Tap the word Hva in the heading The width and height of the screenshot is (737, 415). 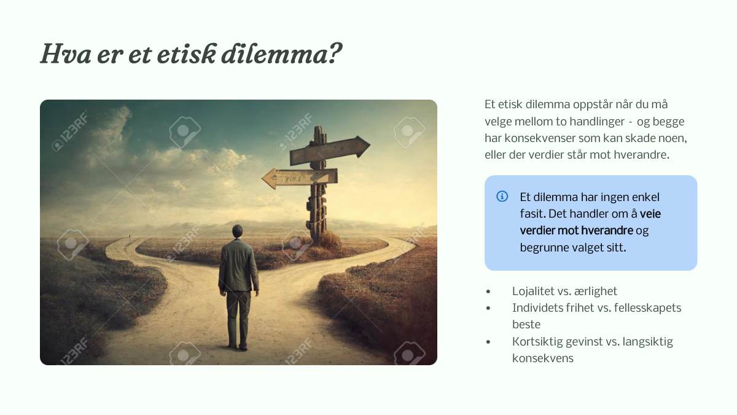[66, 53]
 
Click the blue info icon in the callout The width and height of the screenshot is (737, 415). [502, 196]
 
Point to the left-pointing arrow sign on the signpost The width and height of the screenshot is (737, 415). [300, 178]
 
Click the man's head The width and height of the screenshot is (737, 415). [237, 231]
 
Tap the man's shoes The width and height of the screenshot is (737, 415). [238, 347]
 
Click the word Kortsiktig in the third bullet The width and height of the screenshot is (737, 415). [537, 342]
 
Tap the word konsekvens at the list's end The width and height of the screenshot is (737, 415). [543, 358]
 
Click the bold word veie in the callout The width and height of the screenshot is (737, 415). [650, 214]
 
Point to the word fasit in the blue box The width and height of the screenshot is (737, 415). [532, 214]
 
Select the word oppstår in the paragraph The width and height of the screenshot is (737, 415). [593, 105]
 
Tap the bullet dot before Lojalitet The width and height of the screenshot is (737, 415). [488, 291]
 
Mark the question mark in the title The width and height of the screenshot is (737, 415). [335, 53]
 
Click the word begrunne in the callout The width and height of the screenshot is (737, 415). [543, 248]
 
